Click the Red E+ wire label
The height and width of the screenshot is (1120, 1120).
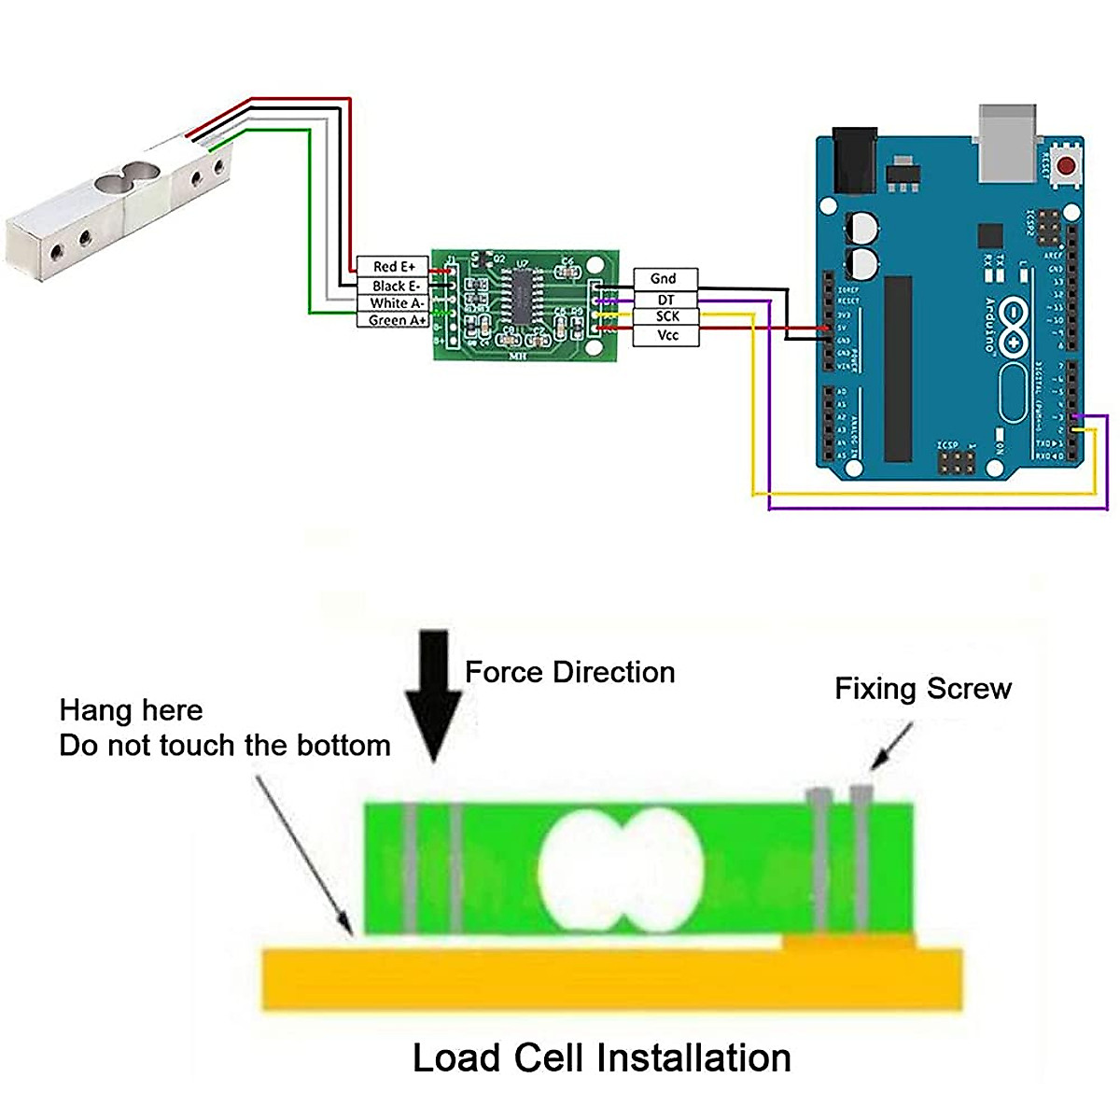(x=393, y=267)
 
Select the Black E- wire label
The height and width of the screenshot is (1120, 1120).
(x=393, y=286)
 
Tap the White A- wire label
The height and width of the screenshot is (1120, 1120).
(x=393, y=303)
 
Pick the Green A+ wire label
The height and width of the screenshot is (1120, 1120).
(x=393, y=320)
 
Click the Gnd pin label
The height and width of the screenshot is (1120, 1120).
(x=664, y=278)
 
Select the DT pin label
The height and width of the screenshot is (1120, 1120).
(x=665, y=300)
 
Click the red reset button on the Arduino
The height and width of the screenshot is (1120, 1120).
(x=1067, y=165)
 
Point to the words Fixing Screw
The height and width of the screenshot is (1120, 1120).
(x=922, y=689)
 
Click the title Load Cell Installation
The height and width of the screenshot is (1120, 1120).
(x=602, y=1057)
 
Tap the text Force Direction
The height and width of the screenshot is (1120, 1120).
(x=569, y=672)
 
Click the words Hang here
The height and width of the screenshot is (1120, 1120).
(x=131, y=710)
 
